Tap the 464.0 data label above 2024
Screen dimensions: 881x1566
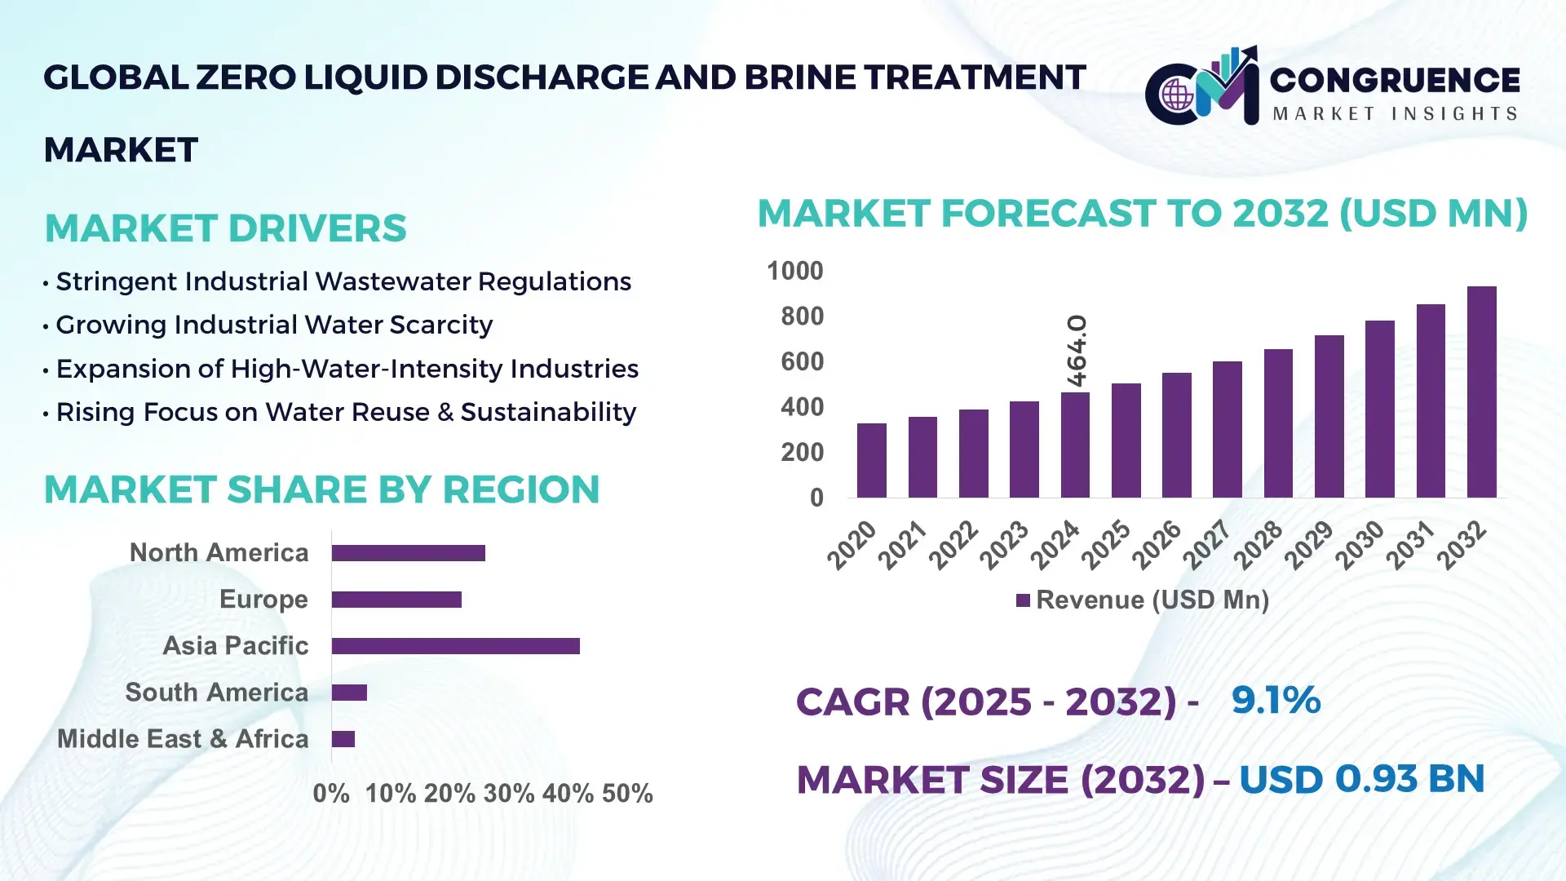(x=1077, y=351)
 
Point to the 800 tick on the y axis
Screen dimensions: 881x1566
(x=802, y=317)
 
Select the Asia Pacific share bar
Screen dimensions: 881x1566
(x=455, y=646)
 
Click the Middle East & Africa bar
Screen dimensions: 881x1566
(x=343, y=739)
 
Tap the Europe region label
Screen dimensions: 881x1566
(x=263, y=600)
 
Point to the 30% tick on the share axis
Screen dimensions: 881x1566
(x=509, y=794)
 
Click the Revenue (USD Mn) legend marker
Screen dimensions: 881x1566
(x=1023, y=600)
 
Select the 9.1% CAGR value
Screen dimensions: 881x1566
(x=1275, y=700)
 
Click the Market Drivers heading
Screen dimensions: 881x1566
(x=225, y=228)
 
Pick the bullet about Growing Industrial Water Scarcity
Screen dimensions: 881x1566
(x=274, y=325)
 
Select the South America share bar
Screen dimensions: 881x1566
(x=349, y=693)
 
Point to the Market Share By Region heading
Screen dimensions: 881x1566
(x=321, y=489)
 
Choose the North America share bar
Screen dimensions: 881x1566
(x=408, y=553)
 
